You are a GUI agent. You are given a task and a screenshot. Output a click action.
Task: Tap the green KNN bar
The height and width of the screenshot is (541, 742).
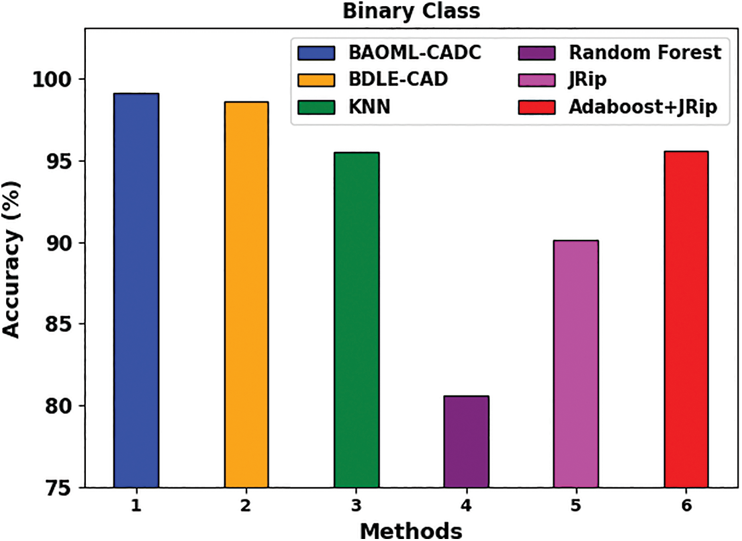357,320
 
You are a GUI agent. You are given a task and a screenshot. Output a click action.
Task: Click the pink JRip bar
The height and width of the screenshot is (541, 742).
576,364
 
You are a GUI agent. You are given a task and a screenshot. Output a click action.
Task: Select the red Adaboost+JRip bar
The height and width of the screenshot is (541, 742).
686,319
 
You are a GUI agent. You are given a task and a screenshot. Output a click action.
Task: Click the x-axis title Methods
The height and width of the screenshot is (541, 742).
411,530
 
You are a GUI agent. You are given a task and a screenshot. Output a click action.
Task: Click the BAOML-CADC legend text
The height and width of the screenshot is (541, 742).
415,52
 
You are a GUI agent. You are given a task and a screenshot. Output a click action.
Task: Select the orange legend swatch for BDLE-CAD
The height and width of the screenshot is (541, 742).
316,80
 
